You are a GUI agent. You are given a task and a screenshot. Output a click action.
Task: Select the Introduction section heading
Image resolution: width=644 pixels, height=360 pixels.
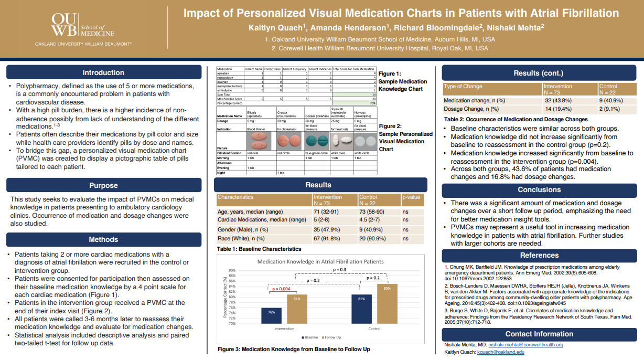point(103,72)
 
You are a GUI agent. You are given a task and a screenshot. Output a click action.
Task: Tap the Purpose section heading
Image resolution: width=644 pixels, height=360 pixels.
point(103,185)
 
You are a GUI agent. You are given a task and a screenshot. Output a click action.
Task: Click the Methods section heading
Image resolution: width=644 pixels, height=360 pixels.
point(103,239)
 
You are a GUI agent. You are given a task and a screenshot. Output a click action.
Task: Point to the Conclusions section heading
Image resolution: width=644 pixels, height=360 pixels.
point(539,190)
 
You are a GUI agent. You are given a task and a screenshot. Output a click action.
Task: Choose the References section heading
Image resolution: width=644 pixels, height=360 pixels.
point(539,255)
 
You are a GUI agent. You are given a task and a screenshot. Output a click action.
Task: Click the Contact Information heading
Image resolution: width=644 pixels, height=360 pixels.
point(539,334)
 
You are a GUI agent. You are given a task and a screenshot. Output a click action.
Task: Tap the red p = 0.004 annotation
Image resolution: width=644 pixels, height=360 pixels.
point(281,289)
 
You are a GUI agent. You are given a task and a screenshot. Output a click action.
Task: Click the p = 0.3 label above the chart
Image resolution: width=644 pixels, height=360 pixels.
point(340,269)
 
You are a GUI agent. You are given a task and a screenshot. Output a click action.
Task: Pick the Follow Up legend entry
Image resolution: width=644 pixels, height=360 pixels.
point(331,337)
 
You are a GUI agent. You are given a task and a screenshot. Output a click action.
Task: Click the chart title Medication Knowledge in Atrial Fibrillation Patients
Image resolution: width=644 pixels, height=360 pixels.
point(320,261)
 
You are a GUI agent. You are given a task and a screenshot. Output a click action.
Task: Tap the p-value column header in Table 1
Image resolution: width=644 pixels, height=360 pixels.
point(412,197)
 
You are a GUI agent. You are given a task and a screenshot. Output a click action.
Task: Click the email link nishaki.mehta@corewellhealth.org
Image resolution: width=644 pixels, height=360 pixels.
point(525,345)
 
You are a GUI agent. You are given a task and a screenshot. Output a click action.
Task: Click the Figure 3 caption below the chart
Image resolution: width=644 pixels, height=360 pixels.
point(294,349)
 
